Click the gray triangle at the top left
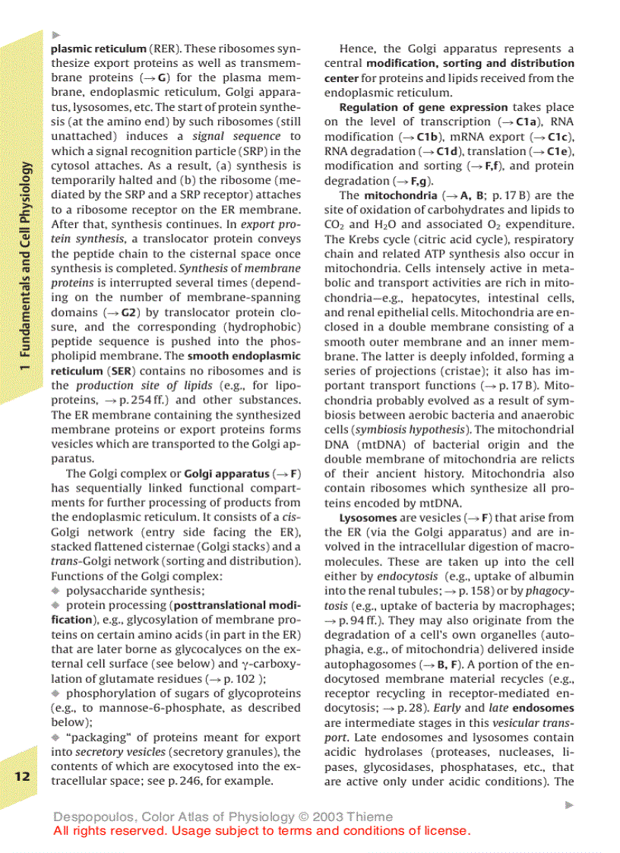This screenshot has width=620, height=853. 55,34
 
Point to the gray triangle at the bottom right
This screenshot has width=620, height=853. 570,804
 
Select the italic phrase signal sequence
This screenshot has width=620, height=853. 236,137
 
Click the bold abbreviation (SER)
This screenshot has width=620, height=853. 122,371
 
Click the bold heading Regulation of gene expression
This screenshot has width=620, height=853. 423,107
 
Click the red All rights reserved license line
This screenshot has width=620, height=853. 262,831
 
